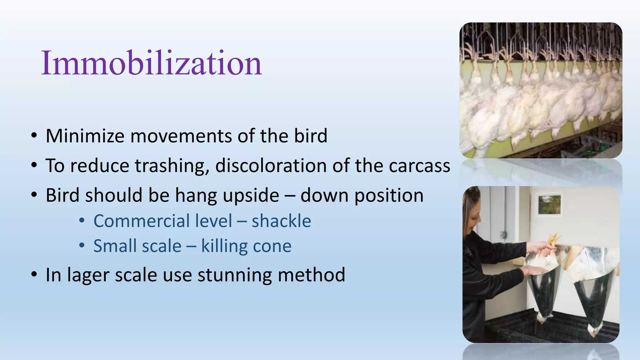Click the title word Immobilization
point(151,63)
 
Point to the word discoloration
point(271,166)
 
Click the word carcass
point(419,166)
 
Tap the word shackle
point(281,221)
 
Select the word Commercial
point(162,221)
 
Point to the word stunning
point(234,275)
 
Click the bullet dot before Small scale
point(82,246)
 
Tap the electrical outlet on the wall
point(503,234)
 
